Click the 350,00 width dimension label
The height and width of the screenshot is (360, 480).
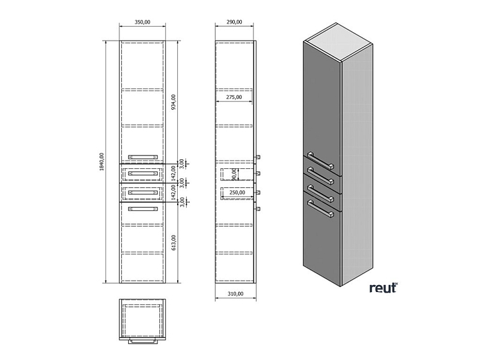[x=143, y=22]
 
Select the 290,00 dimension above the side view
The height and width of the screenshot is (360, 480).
[x=234, y=22]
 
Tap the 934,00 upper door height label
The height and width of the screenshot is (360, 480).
[x=173, y=102]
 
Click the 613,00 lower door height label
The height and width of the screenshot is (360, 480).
[x=173, y=242]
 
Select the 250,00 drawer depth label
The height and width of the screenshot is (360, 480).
[x=237, y=192]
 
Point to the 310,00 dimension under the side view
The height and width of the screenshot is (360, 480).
[x=236, y=295]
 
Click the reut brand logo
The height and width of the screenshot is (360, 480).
[x=383, y=288]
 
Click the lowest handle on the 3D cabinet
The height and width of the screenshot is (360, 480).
[x=321, y=210]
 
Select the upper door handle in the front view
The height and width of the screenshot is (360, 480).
[x=143, y=156]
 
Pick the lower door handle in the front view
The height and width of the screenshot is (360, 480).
[x=143, y=208]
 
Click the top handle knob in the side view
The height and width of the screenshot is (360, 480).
[x=258, y=156]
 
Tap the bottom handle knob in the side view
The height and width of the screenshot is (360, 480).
[x=258, y=208]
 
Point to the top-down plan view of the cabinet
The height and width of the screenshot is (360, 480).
[x=143, y=321]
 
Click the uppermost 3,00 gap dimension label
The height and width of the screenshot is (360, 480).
[x=182, y=163]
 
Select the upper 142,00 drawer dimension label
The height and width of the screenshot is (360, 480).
[x=173, y=173]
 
